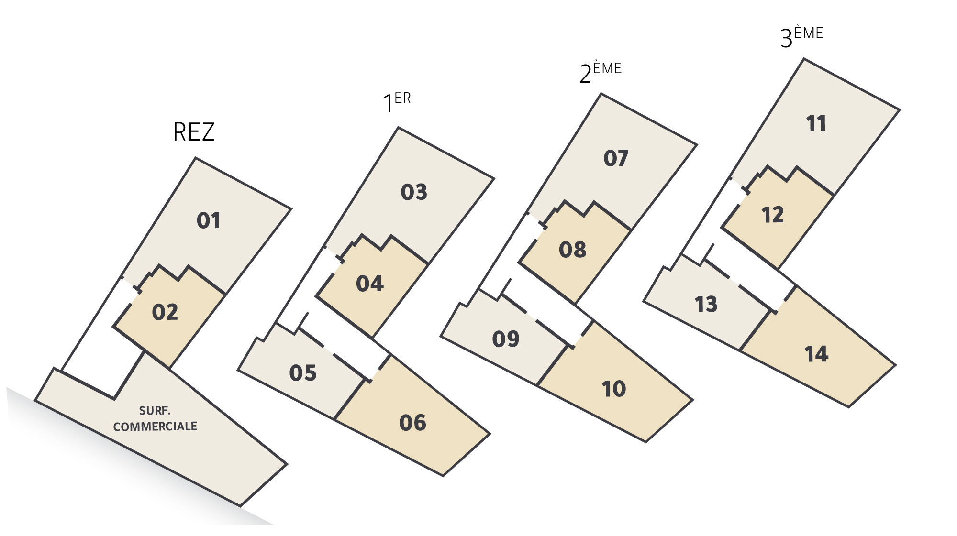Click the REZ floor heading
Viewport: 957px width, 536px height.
click(x=194, y=132)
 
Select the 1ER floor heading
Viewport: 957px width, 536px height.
click(x=397, y=102)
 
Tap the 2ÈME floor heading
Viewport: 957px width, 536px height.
click(x=600, y=72)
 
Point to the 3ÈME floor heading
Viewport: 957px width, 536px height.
click(x=801, y=37)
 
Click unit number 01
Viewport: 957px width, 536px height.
click(x=209, y=220)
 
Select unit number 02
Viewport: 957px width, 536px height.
click(x=165, y=312)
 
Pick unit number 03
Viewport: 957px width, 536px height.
click(x=414, y=192)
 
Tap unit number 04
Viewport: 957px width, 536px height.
click(x=370, y=284)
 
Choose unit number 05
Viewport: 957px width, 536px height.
click(x=303, y=373)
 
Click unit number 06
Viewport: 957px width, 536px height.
click(x=412, y=423)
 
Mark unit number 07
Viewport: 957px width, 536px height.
click(x=616, y=158)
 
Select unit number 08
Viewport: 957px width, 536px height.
click(x=573, y=250)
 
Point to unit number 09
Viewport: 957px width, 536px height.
click(x=506, y=339)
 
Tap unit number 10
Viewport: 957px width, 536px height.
click(x=614, y=389)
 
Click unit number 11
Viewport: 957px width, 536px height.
click(x=816, y=123)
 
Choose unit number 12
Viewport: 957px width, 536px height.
click(x=773, y=215)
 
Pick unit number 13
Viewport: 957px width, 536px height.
click(x=706, y=305)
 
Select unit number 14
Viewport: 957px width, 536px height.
click(x=816, y=354)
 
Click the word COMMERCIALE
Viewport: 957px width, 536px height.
click(x=155, y=427)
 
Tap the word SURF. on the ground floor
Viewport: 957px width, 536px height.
click(x=155, y=411)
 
